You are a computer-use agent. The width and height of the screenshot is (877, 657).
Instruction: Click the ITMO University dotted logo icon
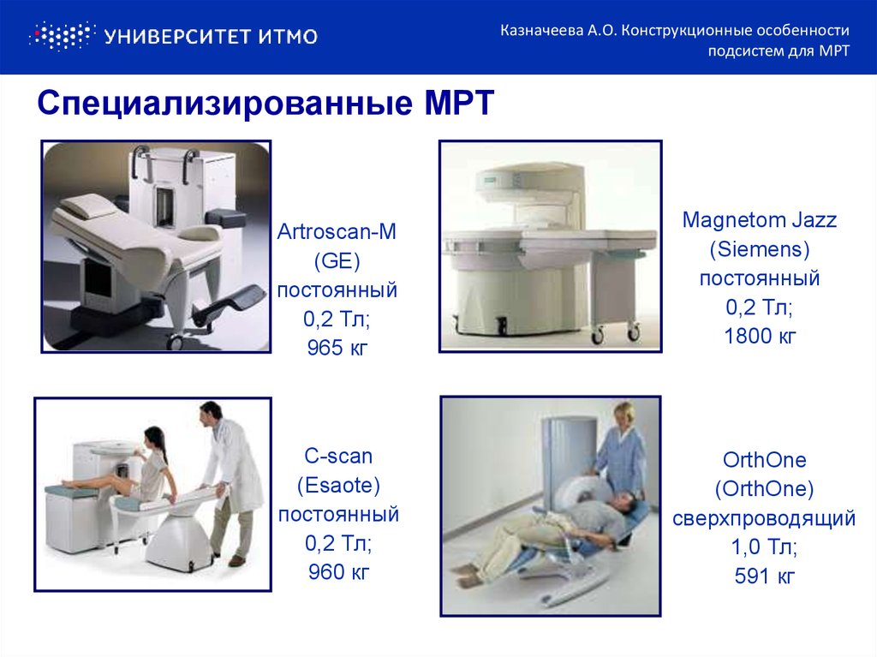coord(60,35)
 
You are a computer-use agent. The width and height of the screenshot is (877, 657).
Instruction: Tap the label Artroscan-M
coord(337,232)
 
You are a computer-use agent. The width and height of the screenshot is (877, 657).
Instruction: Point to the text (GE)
coord(337,261)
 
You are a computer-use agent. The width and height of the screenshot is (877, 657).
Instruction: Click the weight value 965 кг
coord(337,349)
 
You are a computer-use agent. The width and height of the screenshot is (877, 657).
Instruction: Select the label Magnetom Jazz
coord(759,220)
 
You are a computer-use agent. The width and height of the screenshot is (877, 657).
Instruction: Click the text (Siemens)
coord(759,249)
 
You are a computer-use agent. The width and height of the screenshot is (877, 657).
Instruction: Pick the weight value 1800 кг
coord(759,337)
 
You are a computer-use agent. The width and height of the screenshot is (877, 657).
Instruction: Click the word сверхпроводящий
coord(765,518)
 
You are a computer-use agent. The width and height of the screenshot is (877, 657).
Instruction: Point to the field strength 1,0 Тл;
coord(765,547)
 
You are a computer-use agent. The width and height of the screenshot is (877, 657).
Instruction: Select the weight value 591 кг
coord(765,576)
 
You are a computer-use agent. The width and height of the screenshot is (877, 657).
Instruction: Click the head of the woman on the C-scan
coord(153,438)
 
